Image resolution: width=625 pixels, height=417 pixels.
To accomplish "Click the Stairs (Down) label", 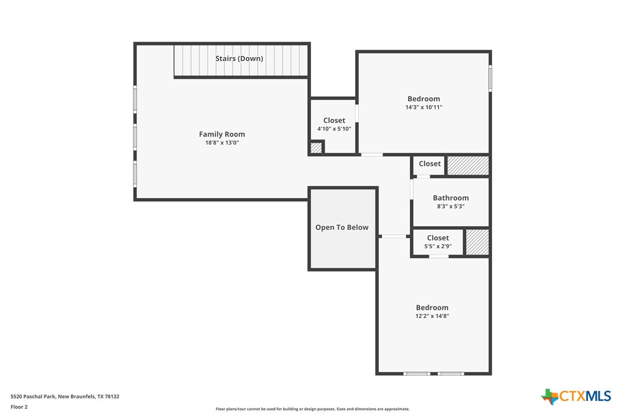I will (239, 58).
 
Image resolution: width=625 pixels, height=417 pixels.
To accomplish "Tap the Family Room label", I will (222, 134).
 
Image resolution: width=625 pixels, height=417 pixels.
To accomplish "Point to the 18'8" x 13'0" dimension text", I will (222, 142).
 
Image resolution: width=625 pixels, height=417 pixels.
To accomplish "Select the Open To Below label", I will (342, 228).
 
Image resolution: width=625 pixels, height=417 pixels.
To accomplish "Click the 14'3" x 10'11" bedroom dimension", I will (424, 107).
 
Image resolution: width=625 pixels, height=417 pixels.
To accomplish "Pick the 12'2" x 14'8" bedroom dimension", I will (432, 316).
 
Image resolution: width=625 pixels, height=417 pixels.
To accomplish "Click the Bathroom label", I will (451, 198).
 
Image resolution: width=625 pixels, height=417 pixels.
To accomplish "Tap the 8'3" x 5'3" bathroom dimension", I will (451, 206).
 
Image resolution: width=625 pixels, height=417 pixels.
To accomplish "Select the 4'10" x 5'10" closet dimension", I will (334, 129).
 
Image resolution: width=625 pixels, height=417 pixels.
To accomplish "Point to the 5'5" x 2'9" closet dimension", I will (438, 247).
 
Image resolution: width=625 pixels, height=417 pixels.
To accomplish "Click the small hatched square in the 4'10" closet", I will (315, 147).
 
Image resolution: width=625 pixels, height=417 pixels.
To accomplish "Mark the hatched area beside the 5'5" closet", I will (477, 242).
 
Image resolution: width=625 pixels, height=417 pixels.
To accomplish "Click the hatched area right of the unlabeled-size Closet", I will (468, 165).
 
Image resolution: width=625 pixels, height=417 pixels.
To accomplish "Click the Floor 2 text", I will (19, 407).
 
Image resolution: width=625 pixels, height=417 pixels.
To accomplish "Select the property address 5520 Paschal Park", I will (64, 396).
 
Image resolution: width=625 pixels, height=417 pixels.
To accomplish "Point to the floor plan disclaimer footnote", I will (312, 409).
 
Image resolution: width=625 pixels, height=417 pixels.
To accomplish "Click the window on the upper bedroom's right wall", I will (490, 78).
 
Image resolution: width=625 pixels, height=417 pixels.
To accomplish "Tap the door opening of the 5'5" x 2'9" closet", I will (439, 256).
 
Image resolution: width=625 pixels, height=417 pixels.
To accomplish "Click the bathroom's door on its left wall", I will (412, 189).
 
